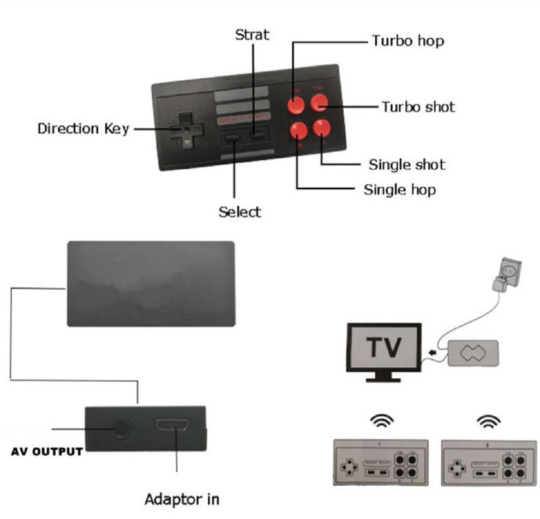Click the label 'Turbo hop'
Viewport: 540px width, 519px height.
click(x=407, y=41)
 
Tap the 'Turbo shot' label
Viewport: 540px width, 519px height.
click(x=418, y=106)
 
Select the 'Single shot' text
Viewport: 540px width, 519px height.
click(x=407, y=164)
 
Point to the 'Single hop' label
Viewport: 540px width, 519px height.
click(x=400, y=190)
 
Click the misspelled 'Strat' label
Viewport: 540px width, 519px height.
click(x=252, y=35)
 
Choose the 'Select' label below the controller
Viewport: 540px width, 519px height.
click(x=239, y=212)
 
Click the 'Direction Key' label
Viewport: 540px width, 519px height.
click(x=83, y=129)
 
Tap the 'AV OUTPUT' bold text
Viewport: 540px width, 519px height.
click(x=47, y=451)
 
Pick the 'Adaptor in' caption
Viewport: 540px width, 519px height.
click(x=182, y=498)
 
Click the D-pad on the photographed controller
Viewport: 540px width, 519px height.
click(x=186, y=130)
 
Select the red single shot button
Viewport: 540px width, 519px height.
click(x=321, y=128)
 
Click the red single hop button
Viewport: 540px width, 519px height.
click(x=298, y=130)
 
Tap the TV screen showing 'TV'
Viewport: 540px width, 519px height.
click(x=383, y=348)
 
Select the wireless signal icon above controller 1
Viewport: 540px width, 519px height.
click(x=380, y=420)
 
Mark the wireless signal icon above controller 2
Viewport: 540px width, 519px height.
click(x=488, y=420)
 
